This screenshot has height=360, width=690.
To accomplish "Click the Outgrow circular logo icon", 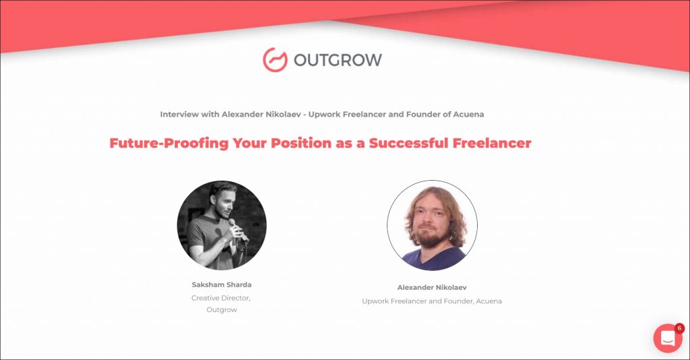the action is (x=275, y=59).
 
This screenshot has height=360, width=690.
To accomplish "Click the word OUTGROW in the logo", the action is (x=338, y=60).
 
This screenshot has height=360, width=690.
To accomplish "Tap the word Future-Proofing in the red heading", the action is (x=169, y=143).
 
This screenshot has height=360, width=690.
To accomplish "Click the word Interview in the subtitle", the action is (x=179, y=115).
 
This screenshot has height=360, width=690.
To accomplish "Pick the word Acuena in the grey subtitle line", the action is (x=469, y=115).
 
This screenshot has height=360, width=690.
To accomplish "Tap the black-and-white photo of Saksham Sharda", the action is (x=222, y=225).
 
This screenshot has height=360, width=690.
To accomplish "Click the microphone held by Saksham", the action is (x=237, y=230).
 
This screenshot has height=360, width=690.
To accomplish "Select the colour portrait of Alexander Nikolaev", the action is (x=432, y=225).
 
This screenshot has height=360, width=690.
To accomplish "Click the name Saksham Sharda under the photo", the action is (x=222, y=284).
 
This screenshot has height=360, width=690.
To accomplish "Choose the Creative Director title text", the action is (x=221, y=299).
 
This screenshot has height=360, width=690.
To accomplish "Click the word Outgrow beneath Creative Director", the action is (x=222, y=310).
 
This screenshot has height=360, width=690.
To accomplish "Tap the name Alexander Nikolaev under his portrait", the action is (x=432, y=287).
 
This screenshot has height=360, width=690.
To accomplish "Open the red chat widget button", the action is (x=668, y=338).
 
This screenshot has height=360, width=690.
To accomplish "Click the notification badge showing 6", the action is (x=679, y=328).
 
